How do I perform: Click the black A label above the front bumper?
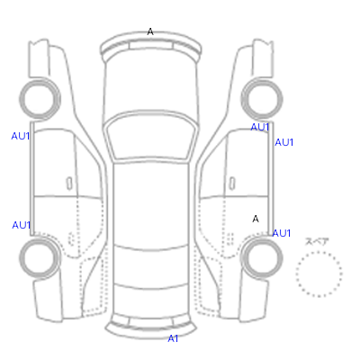pos(150,31)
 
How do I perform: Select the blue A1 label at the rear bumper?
pos(173,338)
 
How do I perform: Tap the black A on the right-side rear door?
pos(256,219)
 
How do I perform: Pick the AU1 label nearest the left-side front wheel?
pos(21,136)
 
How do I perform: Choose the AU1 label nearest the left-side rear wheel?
pos(21,225)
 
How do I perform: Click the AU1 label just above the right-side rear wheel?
pos(282,233)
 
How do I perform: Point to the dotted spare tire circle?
pos(319,252)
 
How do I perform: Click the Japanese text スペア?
pos(317,241)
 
